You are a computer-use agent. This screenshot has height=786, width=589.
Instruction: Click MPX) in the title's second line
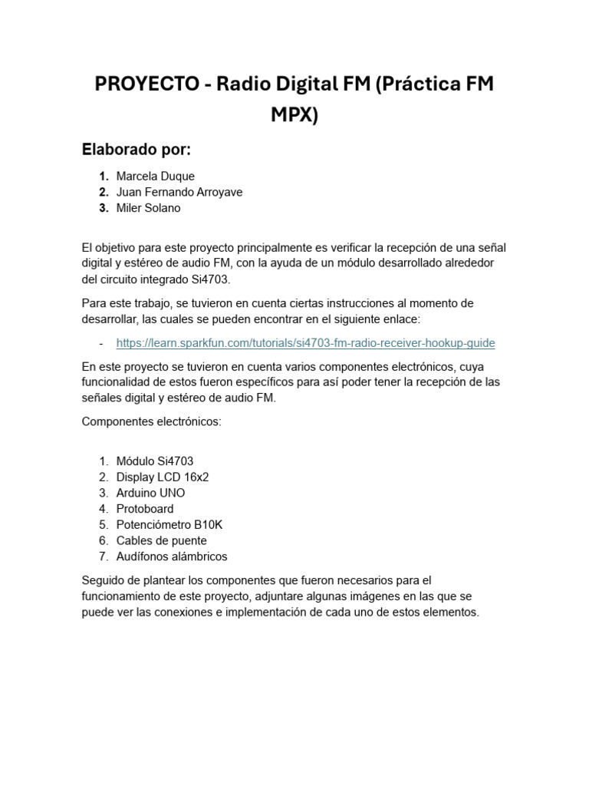(x=294, y=115)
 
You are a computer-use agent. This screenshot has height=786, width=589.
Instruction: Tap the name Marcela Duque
(x=156, y=177)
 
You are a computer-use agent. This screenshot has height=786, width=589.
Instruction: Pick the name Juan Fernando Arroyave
(x=179, y=193)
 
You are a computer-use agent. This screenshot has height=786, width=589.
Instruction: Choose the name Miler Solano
(x=149, y=209)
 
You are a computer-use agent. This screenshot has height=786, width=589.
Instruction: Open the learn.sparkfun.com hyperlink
(x=305, y=343)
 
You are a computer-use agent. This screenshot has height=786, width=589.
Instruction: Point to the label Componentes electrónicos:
(x=151, y=422)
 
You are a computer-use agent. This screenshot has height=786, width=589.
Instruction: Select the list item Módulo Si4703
(x=155, y=461)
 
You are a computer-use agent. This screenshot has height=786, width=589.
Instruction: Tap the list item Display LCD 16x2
(x=163, y=477)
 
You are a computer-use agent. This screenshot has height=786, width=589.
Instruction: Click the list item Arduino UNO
(x=150, y=493)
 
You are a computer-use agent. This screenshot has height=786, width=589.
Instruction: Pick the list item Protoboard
(x=145, y=509)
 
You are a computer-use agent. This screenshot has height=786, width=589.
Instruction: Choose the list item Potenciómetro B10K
(x=169, y=525)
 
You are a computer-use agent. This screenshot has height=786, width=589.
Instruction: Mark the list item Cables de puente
(x=161, y=540)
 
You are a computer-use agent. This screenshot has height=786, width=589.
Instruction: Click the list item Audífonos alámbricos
(x=172, y=556)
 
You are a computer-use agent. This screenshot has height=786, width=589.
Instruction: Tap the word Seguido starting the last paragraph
(x=103, y=580)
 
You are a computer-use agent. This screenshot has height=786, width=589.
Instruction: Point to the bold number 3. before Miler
(x=104, y=209)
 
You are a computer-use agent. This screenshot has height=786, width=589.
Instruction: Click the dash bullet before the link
(x=101, y=343)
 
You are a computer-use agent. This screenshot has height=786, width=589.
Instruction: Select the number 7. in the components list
(x=104, y=556)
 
